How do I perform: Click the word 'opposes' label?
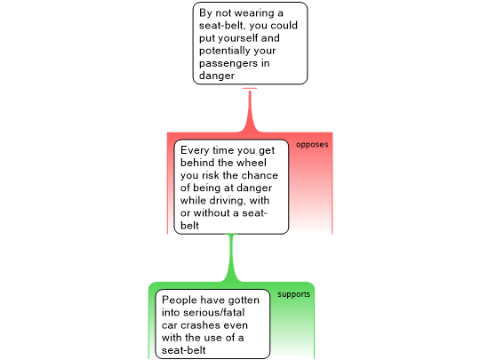pos(312,145)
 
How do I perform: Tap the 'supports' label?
pos(293,294)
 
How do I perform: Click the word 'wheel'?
pos(252,163)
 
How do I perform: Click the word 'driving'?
pos(227,201)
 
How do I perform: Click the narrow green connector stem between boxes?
pos(231,256)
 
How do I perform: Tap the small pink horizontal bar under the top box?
pos(250,89)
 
